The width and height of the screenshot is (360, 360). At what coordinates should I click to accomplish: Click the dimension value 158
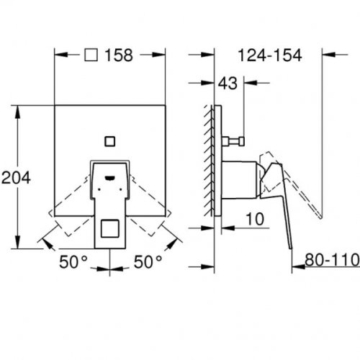tap(119, 56)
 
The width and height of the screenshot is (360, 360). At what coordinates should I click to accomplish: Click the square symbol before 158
tap(91, 56)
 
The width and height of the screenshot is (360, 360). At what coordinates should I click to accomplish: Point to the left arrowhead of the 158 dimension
tap(59, 56)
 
